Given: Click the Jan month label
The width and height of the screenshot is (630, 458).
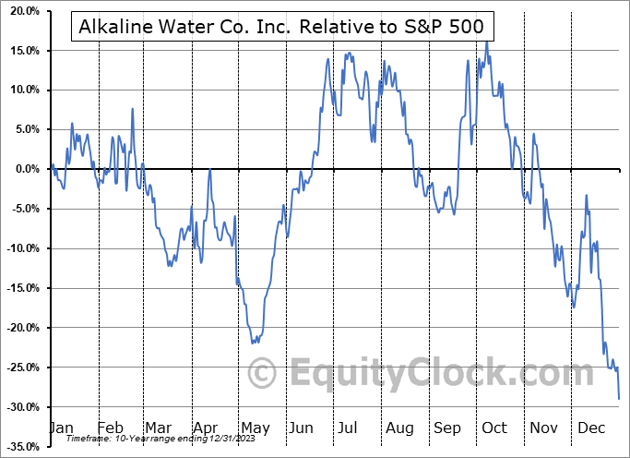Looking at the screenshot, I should tap(60, 428).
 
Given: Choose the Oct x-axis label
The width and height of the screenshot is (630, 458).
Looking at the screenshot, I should tap(494, 428).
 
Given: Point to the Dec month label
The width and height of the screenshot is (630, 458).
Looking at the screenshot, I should tap(590, 428).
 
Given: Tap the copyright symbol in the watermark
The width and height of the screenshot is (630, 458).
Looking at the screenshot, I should tap(264, 374).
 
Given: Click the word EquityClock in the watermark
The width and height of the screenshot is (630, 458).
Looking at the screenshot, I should tap(429, 374).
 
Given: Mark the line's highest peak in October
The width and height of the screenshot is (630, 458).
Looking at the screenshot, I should tap(486, 41).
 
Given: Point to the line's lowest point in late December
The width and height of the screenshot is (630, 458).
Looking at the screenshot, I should tap(619, 399).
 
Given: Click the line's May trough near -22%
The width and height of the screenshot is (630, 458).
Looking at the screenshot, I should tap(254, 343).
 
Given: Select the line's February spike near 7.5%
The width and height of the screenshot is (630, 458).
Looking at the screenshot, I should tap(132, 109).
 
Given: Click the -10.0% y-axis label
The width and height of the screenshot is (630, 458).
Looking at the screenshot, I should tap(20, 248).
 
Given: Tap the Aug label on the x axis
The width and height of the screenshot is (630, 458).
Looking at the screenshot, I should tap(399, 428).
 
